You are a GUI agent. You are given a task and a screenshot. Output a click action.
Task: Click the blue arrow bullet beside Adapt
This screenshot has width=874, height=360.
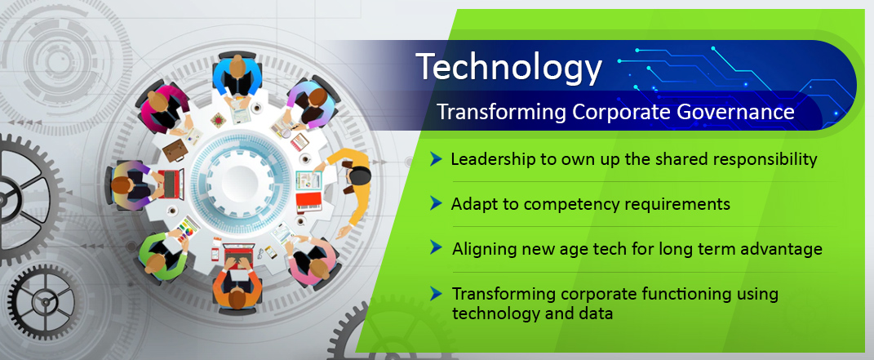pyautogui.click(x=436, y=203)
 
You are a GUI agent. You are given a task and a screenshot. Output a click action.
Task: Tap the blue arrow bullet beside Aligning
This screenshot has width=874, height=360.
pyautogui.click(x=436, y=247)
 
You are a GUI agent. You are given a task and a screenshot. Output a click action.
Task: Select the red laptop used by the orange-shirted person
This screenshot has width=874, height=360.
pyautogui.click(x=238, y=254)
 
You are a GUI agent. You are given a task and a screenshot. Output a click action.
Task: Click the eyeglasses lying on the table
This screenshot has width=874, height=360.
pyautogui.click(x=261, y=254)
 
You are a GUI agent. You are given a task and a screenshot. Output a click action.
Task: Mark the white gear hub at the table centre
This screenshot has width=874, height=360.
pyautogui.click(x=240, y=178)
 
